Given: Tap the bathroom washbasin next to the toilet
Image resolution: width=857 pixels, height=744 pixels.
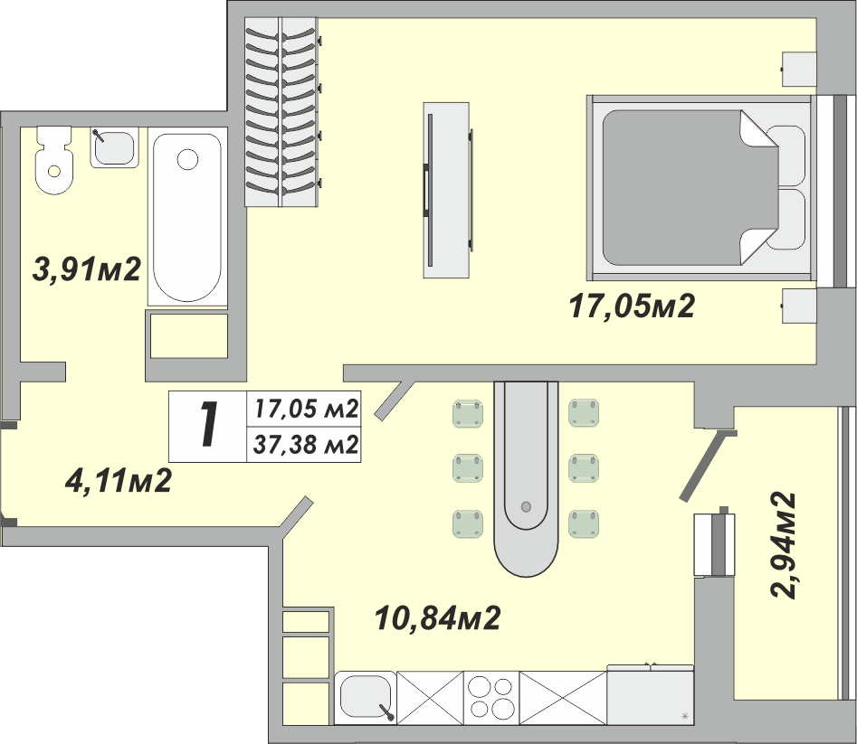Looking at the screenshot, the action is click(x=114, y=147).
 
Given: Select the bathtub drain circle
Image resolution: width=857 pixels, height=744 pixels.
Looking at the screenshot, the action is click(x=187, y=159).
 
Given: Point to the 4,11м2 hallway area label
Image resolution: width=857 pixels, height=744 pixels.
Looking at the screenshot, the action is click(x=118, y=481).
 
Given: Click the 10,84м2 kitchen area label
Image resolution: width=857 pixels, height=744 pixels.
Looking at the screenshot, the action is click(x=437, y=618).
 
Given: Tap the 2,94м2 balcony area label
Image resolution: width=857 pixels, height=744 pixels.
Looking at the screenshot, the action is click(x=782, y=545).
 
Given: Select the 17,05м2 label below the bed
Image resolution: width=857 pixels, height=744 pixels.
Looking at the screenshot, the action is click(x=632, y=306).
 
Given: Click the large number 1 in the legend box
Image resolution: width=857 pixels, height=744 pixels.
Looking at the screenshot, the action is click(x=207, y=425).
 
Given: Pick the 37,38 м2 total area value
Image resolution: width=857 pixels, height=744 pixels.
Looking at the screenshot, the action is click(x=306, y=445).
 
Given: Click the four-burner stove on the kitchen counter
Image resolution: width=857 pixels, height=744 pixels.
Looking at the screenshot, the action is click(x=491, y=698).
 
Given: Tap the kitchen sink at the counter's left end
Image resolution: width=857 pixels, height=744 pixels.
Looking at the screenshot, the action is click(x=366, y=698).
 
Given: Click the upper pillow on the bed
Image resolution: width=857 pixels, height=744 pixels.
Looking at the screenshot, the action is click(x=786, y=155).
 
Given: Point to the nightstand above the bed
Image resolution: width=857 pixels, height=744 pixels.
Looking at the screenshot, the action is click(x=798, y=69).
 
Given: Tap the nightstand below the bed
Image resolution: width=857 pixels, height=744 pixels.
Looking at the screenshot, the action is click(x=798, y=306).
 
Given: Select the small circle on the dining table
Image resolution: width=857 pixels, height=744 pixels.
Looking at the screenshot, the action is click(x=527, y=506).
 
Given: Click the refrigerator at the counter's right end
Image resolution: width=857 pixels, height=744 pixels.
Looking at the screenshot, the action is click(x=651, y=695).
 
